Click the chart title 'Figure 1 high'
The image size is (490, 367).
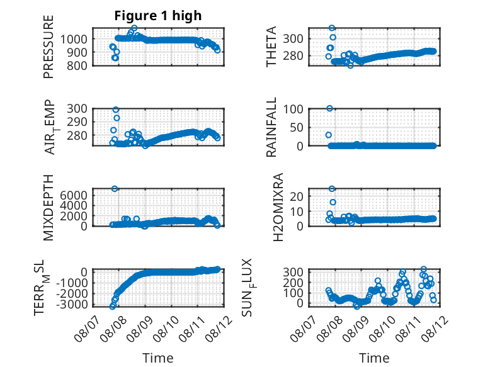[x=158, y=16]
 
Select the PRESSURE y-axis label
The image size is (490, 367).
[x=48, y=47]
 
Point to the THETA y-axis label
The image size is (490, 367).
[x=271, y=47]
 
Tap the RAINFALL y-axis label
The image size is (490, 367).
[x=271, y=127]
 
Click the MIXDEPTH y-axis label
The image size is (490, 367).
[x=48, y=208]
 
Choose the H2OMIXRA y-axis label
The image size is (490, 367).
[x=278, y=207]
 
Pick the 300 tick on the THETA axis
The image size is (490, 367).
[x=293, y=39]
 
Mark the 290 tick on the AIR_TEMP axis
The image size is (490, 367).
[x=77, y=122]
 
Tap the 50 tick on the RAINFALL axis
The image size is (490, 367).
[x=297, y=127]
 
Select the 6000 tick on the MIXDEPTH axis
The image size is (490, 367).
[x=74, y=196]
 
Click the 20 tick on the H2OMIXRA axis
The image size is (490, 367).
[x=297, y=196]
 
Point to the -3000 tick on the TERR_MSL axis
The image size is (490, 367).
[x=72, y=304]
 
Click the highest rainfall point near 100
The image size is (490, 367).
[x=329, y=108]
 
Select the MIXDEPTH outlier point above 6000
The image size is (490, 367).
[x=115, y=189]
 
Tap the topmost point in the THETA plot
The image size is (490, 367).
[x=332, y=28]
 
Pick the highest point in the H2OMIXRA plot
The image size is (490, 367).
[x=332, y=189]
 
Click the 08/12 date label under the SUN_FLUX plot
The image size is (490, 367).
[x=435, y=328]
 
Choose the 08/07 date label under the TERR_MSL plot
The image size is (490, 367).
[x=88, y=328]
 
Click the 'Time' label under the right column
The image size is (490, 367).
[x=374, y=358]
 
